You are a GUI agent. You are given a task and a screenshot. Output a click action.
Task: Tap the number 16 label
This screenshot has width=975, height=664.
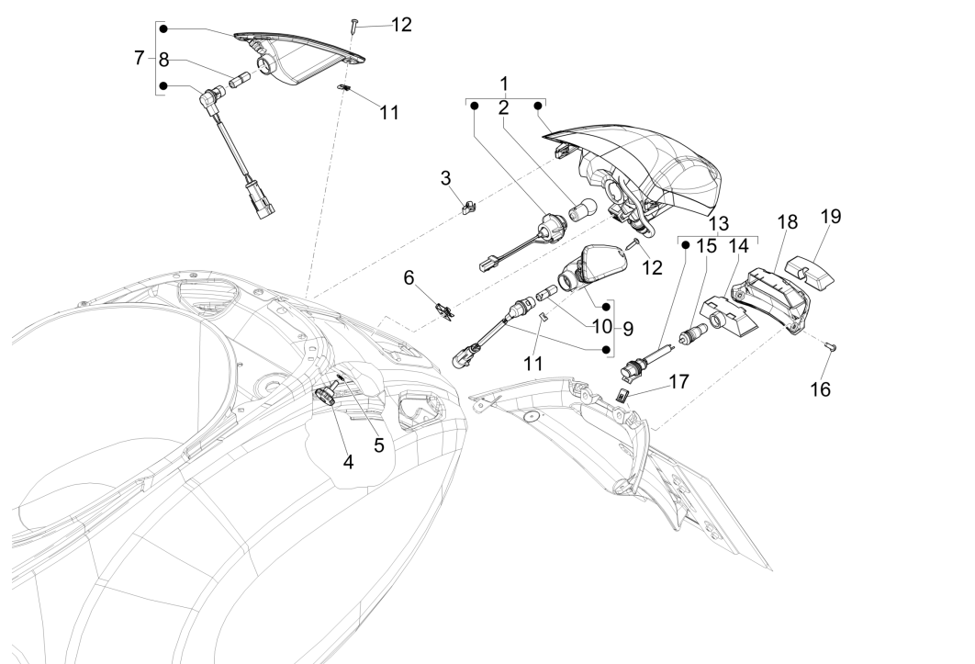[x=819, y=389]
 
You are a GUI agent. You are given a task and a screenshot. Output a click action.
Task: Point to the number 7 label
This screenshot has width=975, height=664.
[x=139, y=58]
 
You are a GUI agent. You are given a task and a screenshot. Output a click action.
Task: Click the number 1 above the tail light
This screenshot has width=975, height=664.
[x=504, y=84]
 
